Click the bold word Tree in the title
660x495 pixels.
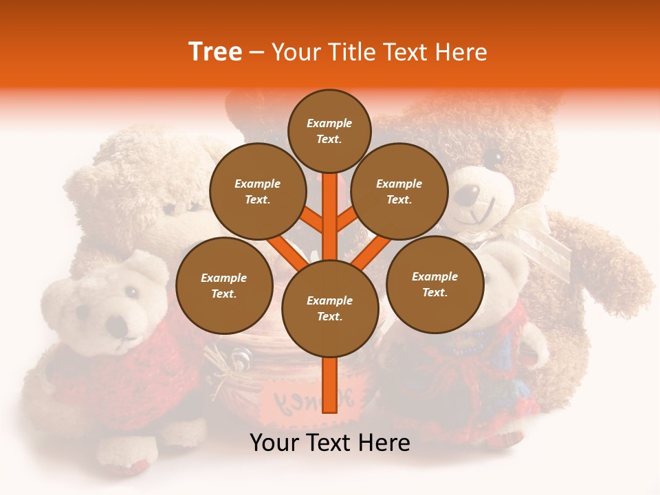click(x=215, y=52)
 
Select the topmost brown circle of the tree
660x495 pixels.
click(x=329, y=131)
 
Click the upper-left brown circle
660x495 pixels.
click(x=257, y=191)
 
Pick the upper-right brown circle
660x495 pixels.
click(x=399, y=191)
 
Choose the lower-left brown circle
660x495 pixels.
click(x=224, y=285)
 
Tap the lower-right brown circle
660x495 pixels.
click(x=434, y=284)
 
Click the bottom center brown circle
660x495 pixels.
click(x=330, y=308)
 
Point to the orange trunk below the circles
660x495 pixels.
click(x=330, y=385)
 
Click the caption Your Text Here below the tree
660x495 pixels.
click(x=330, y=443)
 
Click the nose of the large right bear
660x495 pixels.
click(x=467, y=196)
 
